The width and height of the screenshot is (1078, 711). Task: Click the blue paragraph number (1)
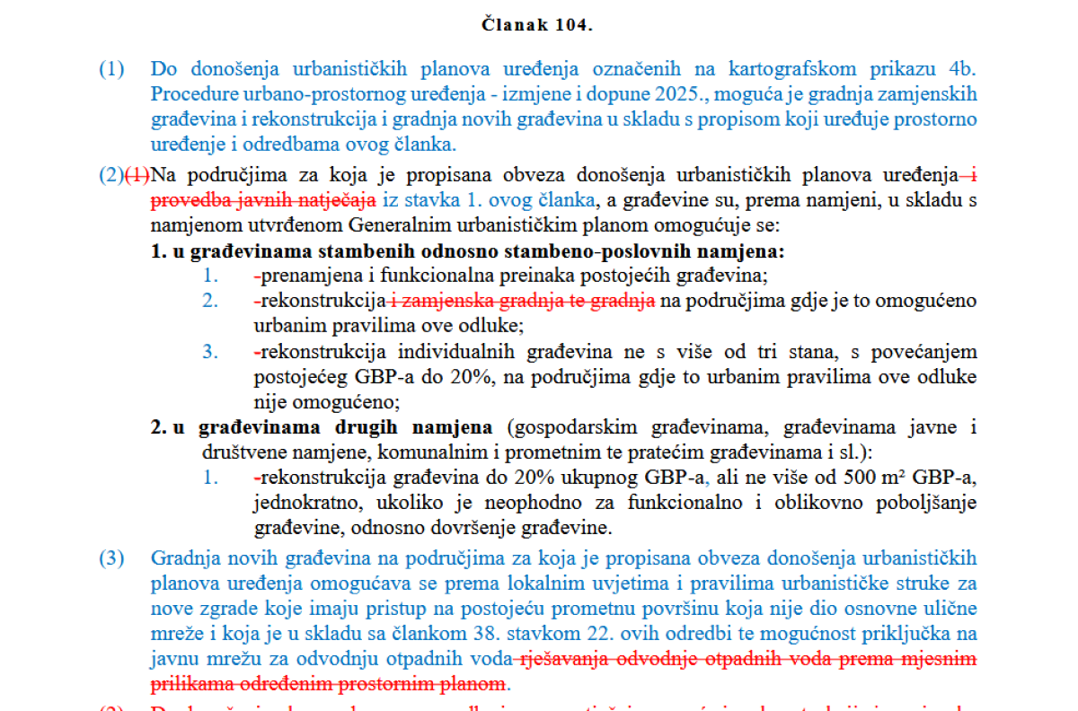click(x=111, y=69)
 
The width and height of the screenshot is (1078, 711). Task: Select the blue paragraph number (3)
click(x=111, y=558)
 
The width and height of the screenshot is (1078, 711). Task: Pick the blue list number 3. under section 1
click(x=210, y=352)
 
